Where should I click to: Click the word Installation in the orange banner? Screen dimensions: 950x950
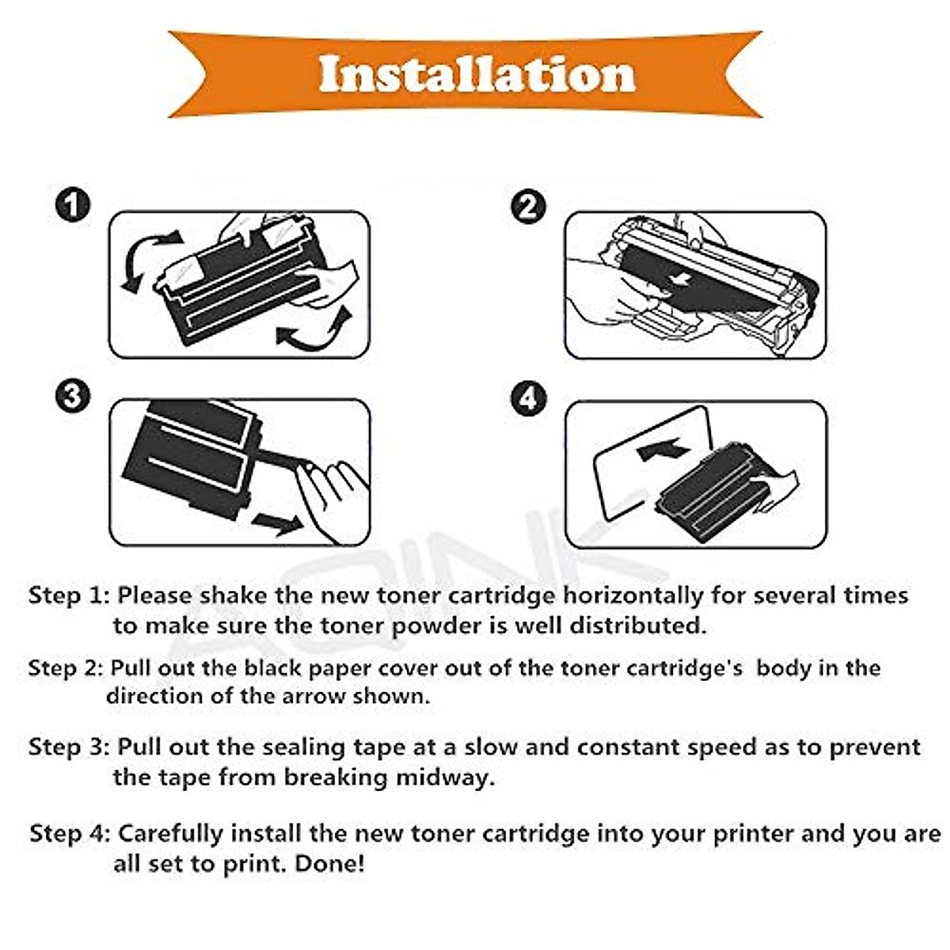coord(477,74)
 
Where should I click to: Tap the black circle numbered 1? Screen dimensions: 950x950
coord(73,204)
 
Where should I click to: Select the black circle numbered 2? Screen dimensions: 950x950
coord(528,207)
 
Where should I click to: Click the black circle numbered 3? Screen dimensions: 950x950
coord(73,396)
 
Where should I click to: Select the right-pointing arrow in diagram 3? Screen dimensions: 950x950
coord(279,523)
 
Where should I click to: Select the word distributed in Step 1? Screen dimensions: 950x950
coord(638,625)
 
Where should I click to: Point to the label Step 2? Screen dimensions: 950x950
coord(66,668)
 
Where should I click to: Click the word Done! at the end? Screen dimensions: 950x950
coord(330,864)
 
